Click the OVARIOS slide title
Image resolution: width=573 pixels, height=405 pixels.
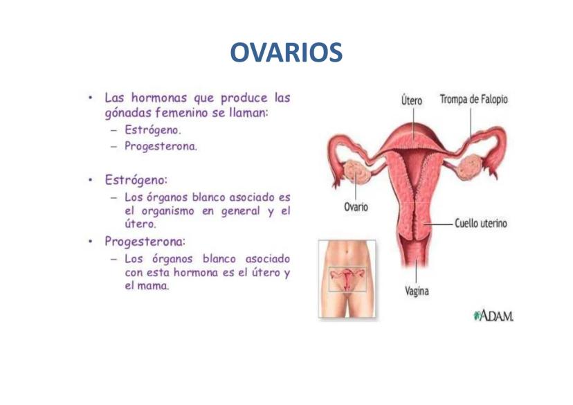click(286, 53)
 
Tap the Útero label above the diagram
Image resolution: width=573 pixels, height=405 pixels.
click(412, 100)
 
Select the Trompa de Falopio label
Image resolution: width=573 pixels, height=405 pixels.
click(473, 100)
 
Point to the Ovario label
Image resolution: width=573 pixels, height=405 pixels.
click(356, 207)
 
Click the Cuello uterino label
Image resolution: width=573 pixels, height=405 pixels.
click(481, 223)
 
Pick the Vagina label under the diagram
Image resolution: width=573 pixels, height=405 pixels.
click(417, 291)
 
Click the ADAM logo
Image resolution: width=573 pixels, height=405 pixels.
click(493, 315)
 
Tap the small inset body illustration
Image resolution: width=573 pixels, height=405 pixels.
click(347, 279)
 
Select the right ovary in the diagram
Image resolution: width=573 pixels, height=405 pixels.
click(470, 167)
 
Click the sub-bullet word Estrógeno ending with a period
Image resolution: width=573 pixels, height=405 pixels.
click(153, 130)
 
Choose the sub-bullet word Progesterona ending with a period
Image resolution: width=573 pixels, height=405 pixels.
click(161, 146)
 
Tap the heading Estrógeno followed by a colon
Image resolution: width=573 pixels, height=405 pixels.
click(136, 180)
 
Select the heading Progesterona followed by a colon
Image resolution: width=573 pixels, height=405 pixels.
click(145, 242)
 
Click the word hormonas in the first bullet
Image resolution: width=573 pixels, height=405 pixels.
click(159, 98)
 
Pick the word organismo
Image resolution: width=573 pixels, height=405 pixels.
click(167, 211)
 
